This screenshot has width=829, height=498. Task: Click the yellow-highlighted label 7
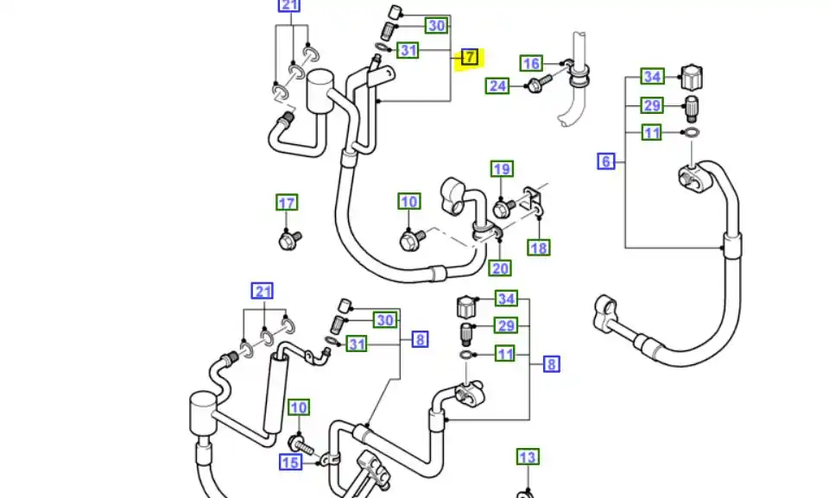point(469,58)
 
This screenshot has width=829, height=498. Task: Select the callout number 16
point(532,63)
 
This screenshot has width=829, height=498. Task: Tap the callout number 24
point(497,85)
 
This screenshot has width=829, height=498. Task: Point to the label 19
point(502,169)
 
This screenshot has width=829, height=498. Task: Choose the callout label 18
point(539,249)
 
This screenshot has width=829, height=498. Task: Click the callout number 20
point(500,268)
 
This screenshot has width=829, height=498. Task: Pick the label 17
point(287,204)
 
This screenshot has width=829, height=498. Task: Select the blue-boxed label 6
point(606,161)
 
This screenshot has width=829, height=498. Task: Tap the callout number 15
point(290,463)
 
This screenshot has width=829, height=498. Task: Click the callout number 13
point(527,457)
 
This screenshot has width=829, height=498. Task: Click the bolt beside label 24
point(534,85)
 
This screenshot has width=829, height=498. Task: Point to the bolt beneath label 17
point(290,239)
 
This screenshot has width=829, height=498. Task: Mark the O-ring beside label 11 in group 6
point(690,133)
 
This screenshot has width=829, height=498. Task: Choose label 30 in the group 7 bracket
point(437,26)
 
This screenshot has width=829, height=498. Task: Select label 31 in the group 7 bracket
point(408,51)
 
